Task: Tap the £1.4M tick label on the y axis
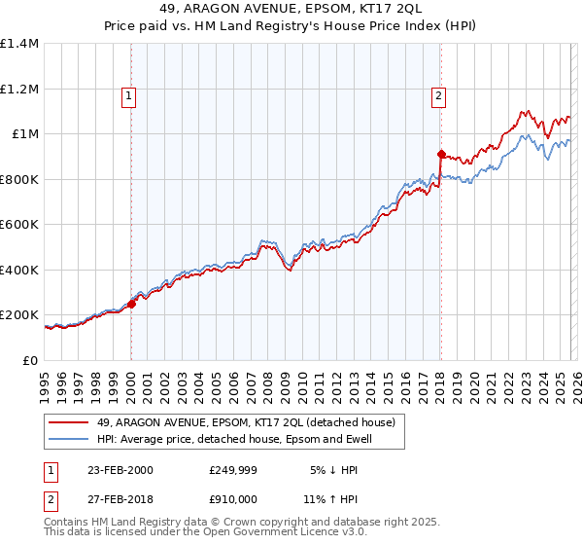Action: coord(19,44)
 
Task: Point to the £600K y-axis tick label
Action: coord(19,225)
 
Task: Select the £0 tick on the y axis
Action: coord(30,360)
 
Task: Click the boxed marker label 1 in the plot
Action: coord(130,95)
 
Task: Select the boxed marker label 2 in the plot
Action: coord(439,95)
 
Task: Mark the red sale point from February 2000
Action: coord(131,304)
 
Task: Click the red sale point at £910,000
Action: coord(440,155)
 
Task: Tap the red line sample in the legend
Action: coord(70,423)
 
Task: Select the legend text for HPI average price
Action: coord(235,440)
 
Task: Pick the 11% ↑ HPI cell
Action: coord(336,499)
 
